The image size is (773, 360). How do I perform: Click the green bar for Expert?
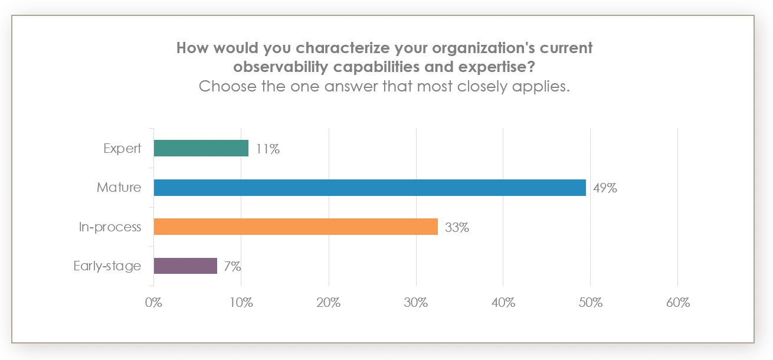[x=201, y=148]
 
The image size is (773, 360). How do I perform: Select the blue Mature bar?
[x=369, y=188]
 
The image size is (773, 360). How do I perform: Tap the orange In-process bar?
[x=296, y=227]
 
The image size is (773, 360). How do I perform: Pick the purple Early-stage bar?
[x=185, y=266]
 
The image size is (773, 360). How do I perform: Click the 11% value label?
[x=268, y=149]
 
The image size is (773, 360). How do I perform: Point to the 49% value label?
[x=605, y=188]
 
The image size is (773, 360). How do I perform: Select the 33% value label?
[x=457, y=227]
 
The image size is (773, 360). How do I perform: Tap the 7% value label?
[x=232, y=266]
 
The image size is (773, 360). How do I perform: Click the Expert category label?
[x=122, y=148]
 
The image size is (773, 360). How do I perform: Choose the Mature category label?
[x=119, y=188]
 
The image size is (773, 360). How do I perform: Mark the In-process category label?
[x=110, y=227]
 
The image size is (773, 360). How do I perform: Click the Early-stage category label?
[x=107, y=266]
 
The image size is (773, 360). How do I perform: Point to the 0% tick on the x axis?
[x=153, y=303]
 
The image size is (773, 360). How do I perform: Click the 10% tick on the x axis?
[x=241, y=303]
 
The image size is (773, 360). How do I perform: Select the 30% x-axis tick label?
[x=416, y=303]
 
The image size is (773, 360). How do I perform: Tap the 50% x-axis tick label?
[x=591, y=303]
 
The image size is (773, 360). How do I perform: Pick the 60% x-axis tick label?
[x=678, y=303]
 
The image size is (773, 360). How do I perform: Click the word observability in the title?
[x=280, y=67]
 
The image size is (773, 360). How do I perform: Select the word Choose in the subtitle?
[x=225, y=86]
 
